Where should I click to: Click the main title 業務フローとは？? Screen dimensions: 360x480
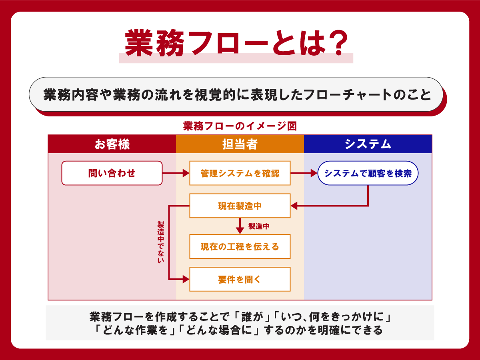coord(236,44)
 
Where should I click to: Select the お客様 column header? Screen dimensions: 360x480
coord(112,144)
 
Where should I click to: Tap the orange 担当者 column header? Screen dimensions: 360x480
coord(240,144)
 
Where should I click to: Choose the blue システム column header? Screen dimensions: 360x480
coord(368,144)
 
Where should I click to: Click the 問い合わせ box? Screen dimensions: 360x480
coord(112,173)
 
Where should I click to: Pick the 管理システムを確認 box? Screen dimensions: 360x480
coord(240,173)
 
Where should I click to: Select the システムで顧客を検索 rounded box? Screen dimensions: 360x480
coord(368,173)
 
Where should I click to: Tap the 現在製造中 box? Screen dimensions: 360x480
coord(240,206)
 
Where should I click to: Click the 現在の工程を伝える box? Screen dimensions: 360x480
coord(240,246)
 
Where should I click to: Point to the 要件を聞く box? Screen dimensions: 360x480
coord(240,279)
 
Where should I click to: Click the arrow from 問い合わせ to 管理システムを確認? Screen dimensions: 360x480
coord(176,173)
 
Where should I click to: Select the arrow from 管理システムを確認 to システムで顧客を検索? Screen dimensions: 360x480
coord(304,173)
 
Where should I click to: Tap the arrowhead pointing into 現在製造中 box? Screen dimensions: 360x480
coord(294,206)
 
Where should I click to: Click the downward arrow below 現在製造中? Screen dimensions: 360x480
coord(240,226)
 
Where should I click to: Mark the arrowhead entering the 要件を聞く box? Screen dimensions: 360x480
coord(186,279)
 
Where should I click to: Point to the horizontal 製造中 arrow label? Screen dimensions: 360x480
coord(259,226)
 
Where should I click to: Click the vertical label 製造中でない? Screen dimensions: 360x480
coord(161,242)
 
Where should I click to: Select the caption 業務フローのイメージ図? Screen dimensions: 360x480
coord(240,126)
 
